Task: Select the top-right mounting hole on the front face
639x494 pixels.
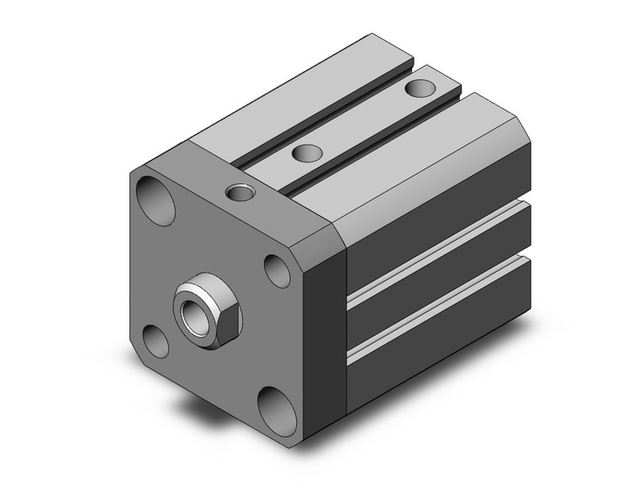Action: tap(277, 269)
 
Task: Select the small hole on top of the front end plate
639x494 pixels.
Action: tap(241, 194)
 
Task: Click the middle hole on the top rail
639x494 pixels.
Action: tap(309, 153)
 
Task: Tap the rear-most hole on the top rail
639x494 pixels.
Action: tap(418, 88)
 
